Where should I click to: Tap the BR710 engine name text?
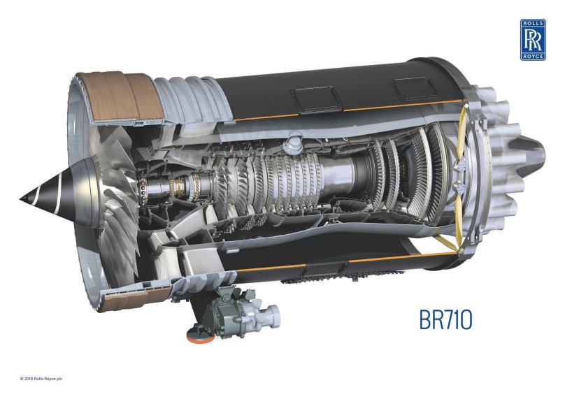[445, 319]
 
